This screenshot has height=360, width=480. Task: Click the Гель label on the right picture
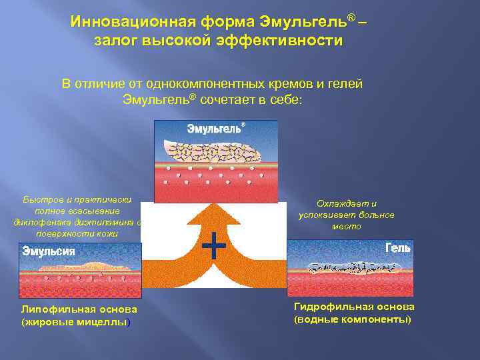point(398,248)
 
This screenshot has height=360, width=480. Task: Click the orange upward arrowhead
point(215,217)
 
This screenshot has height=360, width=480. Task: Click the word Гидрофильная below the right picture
point(325,307)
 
